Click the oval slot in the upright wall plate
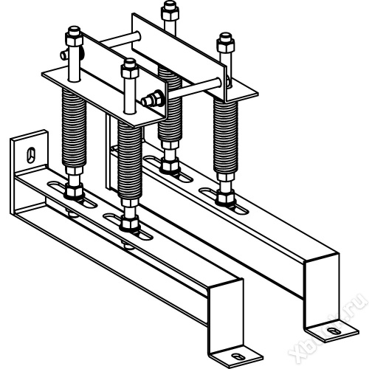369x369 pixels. (31, 155)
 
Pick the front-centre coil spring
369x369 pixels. (130, 159)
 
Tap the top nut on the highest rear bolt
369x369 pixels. (170, 11)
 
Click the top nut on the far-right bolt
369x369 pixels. (225, 43)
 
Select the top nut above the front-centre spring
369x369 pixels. (130, 68)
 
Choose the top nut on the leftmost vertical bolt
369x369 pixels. (74, 35)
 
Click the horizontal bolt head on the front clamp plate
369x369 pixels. (153, 100)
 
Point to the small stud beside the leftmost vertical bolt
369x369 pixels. (64, 56)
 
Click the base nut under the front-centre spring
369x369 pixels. (129, 224)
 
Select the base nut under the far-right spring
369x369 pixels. (225, 198)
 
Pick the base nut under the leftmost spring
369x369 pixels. (74, 191)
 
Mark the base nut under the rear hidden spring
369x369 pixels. (169, 166)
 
